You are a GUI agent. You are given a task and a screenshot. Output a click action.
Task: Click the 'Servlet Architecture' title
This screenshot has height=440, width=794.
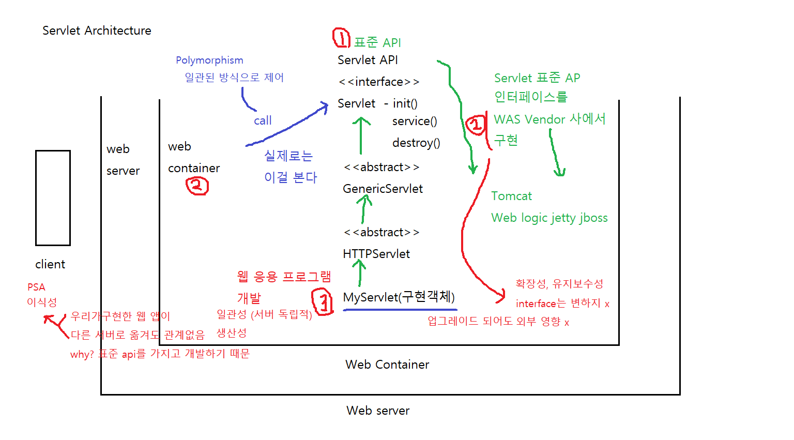pyautogui.click(x=97, y=31)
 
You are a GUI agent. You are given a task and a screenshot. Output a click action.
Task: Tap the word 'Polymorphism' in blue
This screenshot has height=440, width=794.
pyautogui.click(x=209, y=60)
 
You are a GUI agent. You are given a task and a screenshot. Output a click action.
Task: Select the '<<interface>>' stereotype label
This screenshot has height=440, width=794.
pyautogui.click(x=379, y=82)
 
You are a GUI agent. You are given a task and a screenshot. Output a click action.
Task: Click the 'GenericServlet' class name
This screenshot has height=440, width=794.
pyautogui.click(x=383, y=189)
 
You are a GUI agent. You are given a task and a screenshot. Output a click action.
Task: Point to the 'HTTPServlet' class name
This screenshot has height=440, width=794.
pyautogui.click(x=376, y=254)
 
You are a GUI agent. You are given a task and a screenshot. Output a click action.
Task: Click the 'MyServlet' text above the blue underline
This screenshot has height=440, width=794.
pyautogui.click(x=371, y=298)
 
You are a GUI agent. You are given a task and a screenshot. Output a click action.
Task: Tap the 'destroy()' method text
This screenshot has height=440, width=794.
pyautogui.click(x=416, y=143)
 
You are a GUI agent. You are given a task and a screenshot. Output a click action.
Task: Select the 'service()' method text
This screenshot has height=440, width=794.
pyautogui.click(x=415, y=122)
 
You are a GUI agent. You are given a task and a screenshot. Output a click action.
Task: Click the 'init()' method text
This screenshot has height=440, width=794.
pyautogui.click(x=405, y=104)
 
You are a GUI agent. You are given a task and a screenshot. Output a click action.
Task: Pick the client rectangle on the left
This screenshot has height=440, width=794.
pyautogui.click(x=53, y=198)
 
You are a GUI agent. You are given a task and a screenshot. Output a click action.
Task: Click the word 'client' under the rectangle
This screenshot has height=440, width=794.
pyautogui.click(x=50, y=265)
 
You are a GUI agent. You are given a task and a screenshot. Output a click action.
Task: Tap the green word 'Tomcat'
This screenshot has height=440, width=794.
pyautogui.click(x=511, y=196)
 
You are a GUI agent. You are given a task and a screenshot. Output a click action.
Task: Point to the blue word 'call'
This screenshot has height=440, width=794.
pyautogui.click(x=263, y=121)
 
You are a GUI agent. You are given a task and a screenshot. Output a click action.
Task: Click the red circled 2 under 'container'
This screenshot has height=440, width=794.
pyautogui.click(x=197, y=186)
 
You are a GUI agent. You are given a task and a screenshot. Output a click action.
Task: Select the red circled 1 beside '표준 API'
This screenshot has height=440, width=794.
pyautogui.click(x=341, y=38)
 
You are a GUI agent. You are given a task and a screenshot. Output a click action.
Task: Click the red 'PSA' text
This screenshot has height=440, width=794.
pyautogui.click(x=36, y=287)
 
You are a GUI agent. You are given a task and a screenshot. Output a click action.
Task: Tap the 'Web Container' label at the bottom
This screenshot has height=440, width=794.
pyautogui.click(x=387, y=365)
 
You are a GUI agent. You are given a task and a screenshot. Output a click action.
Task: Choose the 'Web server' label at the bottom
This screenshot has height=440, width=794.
pyautogui.click(x=378, y=411)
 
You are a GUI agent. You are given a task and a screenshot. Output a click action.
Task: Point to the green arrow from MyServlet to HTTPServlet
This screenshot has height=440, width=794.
pyautogui.click(x=359, y=272)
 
